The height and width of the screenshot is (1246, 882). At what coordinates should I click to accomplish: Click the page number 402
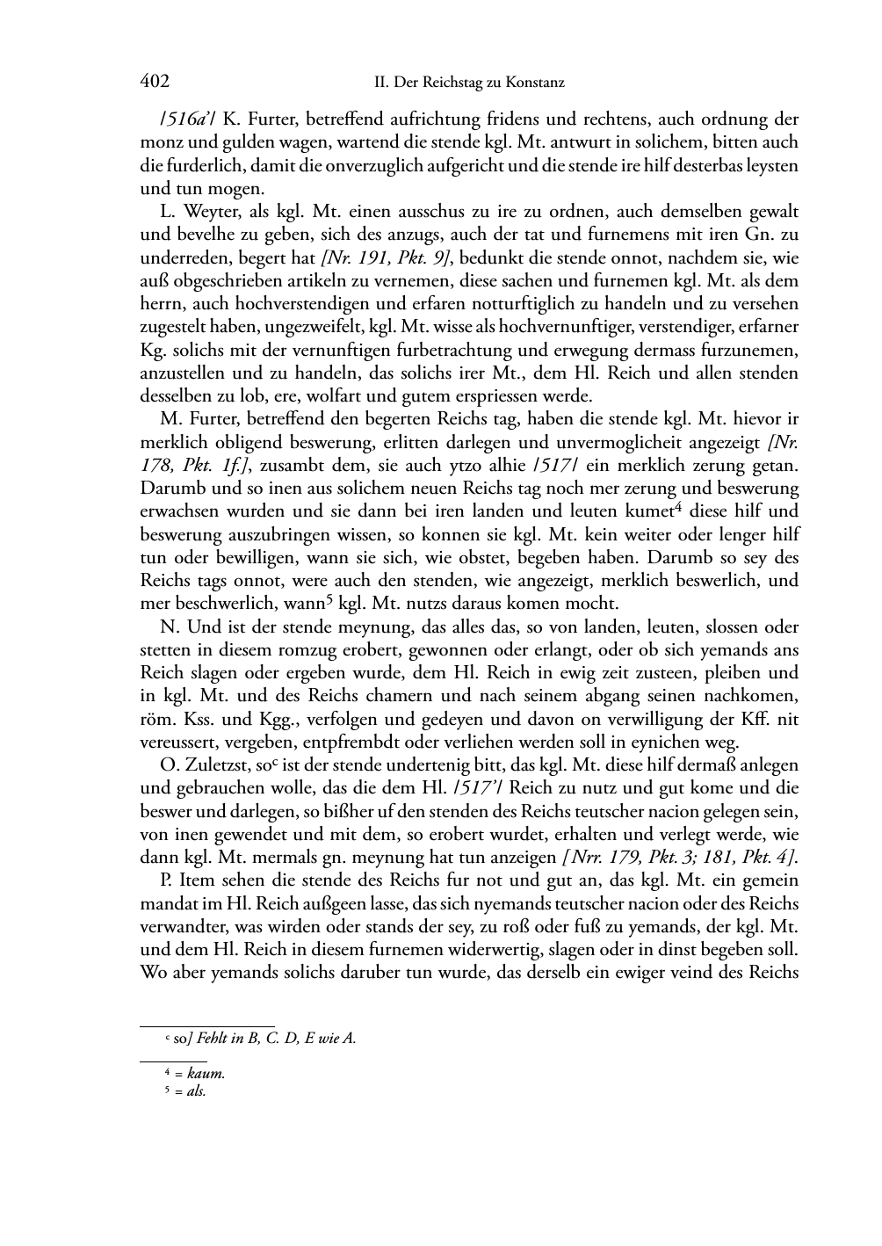pos(154,82)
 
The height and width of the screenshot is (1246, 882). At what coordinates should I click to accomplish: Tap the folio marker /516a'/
pos(172,119)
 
